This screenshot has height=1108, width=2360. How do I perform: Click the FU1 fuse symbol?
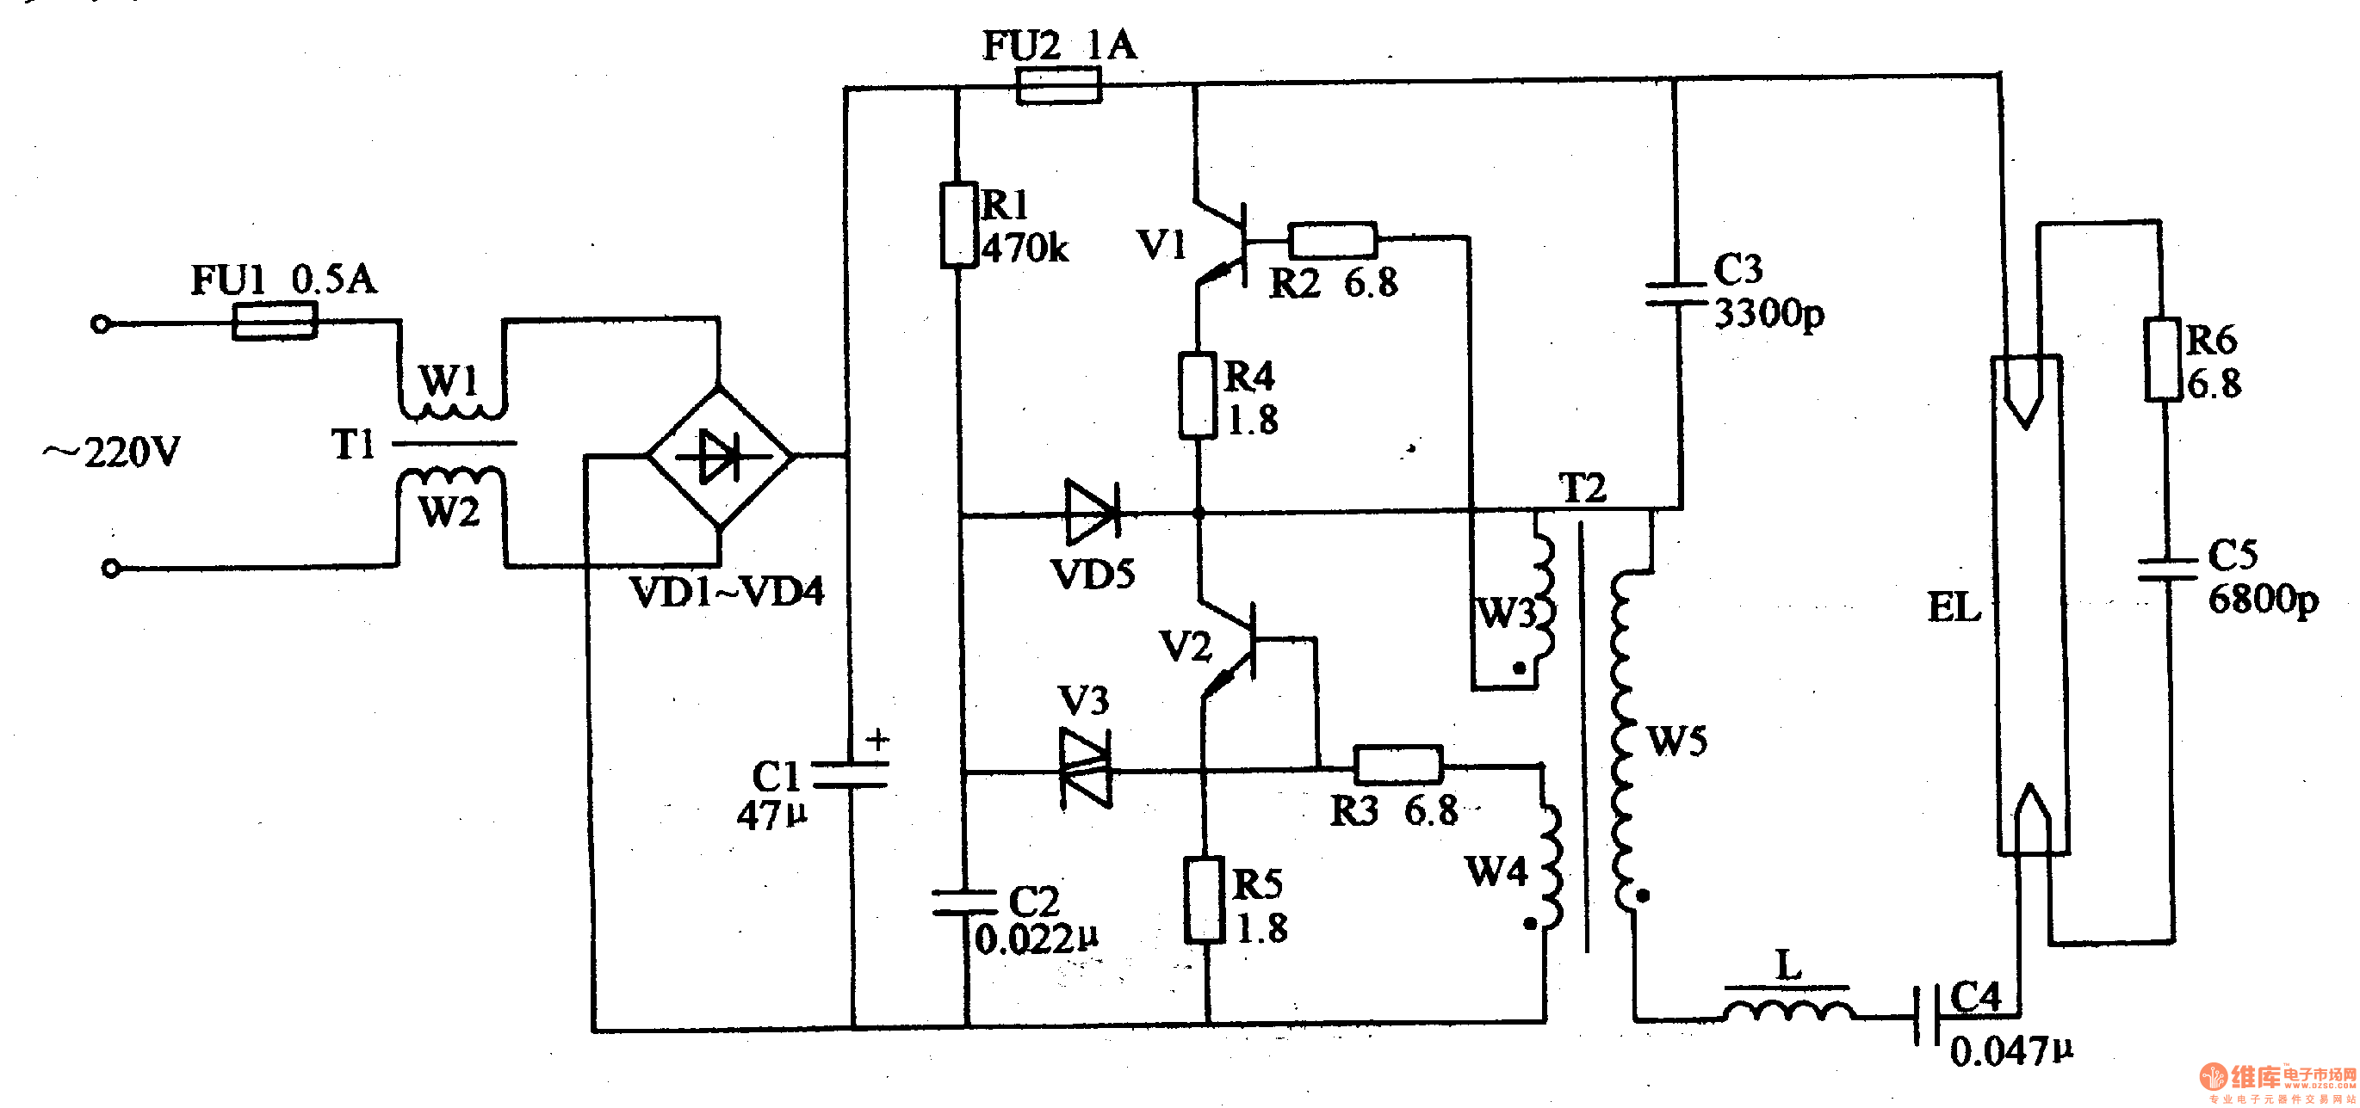point(275,322)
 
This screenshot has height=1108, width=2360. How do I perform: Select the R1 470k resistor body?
point(958,225)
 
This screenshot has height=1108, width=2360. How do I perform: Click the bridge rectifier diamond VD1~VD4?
point(720,456)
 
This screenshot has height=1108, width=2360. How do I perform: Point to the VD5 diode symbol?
point(1093,513)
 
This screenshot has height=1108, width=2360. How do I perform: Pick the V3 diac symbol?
point(1087,769)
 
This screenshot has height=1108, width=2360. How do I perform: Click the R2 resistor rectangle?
point(1332,240)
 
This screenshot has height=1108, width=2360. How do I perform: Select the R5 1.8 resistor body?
point(1204,900)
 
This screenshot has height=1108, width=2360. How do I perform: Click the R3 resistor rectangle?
point(1398,765)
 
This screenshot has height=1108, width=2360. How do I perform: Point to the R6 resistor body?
point(2162,360)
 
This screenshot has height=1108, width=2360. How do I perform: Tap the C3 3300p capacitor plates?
point(1676,293)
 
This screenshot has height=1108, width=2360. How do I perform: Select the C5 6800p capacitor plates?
point(2168,569)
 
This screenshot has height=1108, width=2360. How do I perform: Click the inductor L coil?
point(1788,1010)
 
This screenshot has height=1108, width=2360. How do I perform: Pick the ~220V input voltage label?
point(112,452)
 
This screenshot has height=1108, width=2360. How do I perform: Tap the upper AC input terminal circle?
point(101,324)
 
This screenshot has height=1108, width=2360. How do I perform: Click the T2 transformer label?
point(1583,488)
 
